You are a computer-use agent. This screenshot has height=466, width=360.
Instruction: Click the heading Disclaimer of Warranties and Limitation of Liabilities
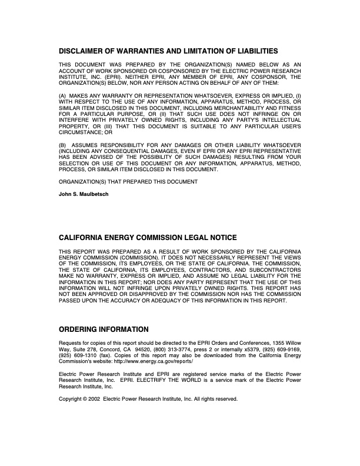pyautogui.click(x=168, y=51)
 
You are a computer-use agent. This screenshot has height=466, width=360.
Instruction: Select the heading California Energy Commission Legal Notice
pyautogui.click(x=148, y=238)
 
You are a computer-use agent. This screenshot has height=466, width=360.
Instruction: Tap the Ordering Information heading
pyautogui.click(x=104, y=329)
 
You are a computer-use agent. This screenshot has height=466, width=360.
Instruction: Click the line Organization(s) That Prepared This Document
pyautogui.click(x=128, y=182)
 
